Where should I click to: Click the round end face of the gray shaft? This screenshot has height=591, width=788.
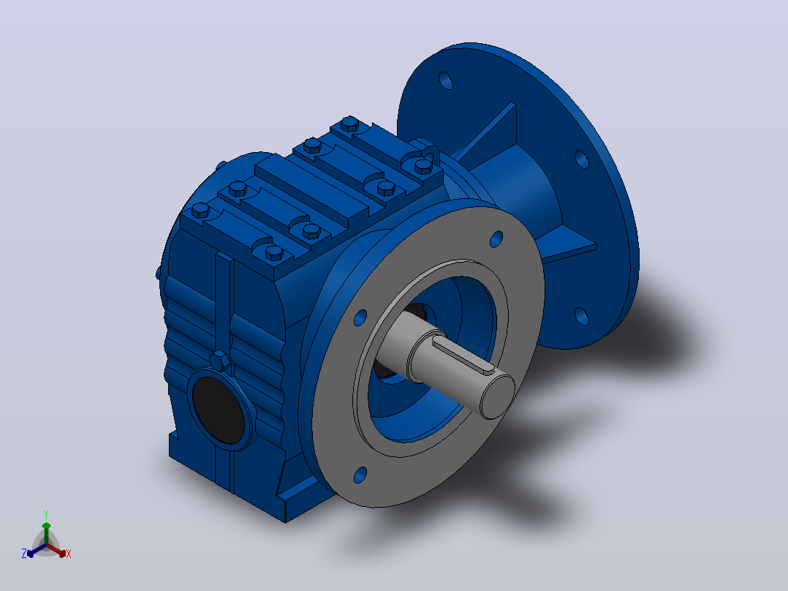tap(498, 396)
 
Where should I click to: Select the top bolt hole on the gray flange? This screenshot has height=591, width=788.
tap(496, 239)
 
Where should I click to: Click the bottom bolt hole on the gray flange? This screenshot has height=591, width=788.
tap(360, 475)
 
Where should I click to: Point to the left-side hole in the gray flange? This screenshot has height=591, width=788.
tap(360, 317)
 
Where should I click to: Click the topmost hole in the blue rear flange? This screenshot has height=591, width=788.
tap(446, 80)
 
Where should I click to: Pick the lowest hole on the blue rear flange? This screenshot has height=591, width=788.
tap(581, 317)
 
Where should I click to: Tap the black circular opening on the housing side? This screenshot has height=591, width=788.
tap(219, 410)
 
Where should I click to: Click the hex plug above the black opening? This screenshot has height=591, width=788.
tap(219, 361)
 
